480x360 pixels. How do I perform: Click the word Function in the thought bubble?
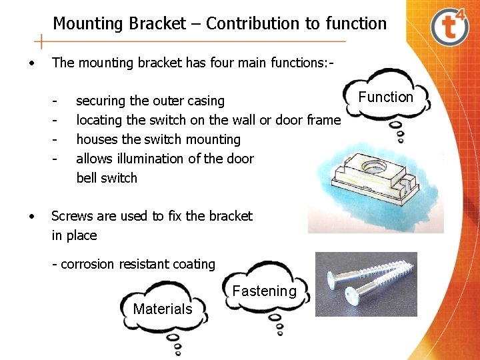(x=385, y=97)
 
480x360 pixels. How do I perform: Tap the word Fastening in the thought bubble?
(x=264, y=291)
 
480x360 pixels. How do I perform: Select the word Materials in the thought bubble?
(x=162, y=309)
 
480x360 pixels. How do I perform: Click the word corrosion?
(x=87, y=265)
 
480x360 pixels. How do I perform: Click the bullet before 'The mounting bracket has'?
(x=31, y=63)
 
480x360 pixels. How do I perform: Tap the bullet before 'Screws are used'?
(x=31, y=217)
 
